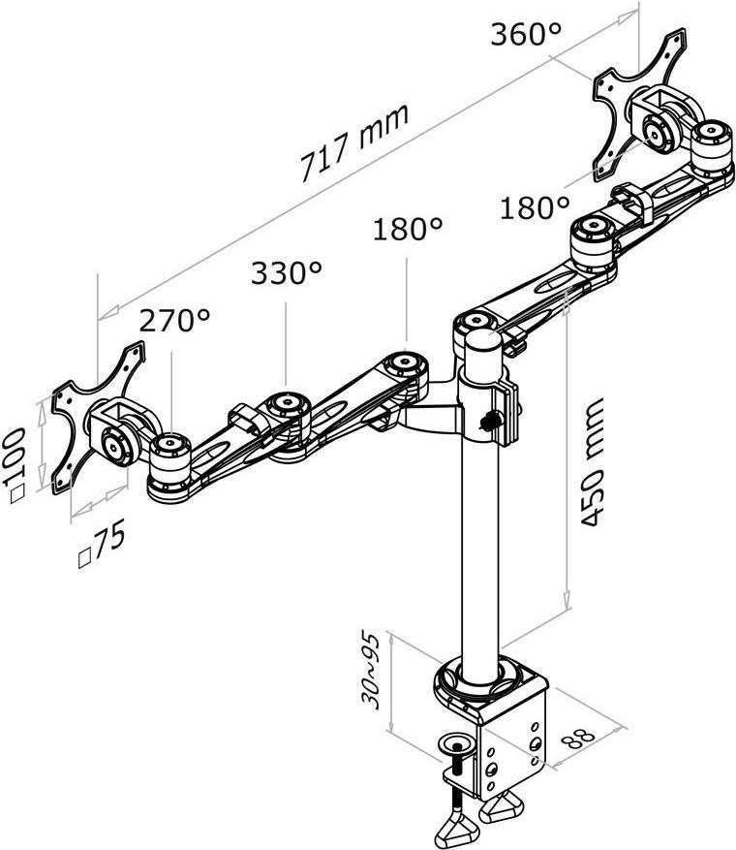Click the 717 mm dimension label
pos(353,143)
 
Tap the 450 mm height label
pos(592,462)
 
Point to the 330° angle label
pos(287,272)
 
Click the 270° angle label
pos(174,321)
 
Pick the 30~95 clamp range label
pos(372,671)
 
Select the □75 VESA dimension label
pos(103,543)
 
